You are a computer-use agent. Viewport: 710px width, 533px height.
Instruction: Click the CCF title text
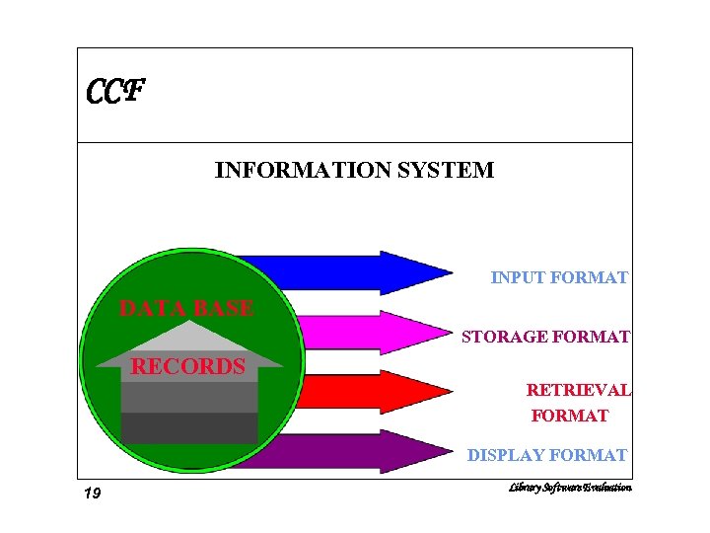pos(115,93)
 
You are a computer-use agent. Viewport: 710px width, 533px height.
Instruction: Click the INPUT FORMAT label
pos(559,278)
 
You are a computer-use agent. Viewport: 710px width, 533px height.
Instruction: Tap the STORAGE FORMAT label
pos(545,338)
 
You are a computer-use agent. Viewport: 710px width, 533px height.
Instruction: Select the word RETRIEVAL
pos(579,391)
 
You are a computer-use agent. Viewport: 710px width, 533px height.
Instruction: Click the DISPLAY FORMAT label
pos(547,456)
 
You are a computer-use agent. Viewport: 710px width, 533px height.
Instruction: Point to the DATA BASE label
pos(186,308)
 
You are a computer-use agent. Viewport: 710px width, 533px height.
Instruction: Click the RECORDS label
pos(188,367)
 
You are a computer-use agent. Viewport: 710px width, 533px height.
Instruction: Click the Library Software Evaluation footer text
pos(570,488)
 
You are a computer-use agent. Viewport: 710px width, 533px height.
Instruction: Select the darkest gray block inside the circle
pos(189,428)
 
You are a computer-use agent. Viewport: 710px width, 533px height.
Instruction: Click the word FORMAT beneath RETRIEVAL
pos(570,417)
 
